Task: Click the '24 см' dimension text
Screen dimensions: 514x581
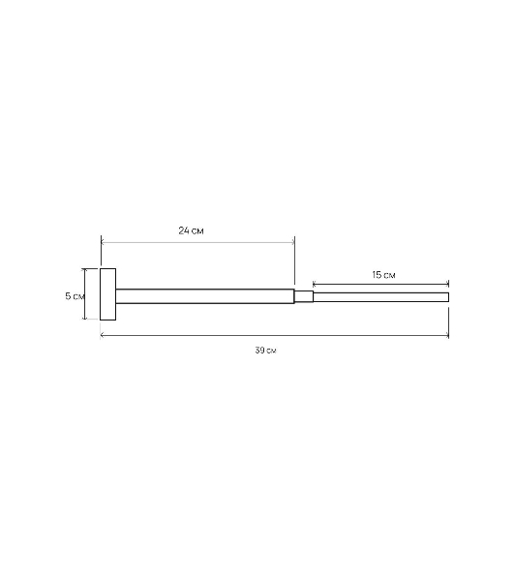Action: coord(191,230)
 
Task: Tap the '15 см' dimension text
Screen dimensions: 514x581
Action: coord(383,275)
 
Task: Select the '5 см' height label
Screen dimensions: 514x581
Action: coord(75,296)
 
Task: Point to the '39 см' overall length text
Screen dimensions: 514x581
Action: coord(265,351)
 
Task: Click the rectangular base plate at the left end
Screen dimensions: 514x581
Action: coord(107,294)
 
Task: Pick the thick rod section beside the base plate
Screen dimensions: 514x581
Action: coord(205,296)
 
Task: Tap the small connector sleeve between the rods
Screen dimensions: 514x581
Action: coord(304,297)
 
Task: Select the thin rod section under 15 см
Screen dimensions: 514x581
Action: coord(381,297)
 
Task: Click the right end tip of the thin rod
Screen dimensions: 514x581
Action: coord(449,297)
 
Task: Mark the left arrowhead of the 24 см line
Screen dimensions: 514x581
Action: coord(103,242)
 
